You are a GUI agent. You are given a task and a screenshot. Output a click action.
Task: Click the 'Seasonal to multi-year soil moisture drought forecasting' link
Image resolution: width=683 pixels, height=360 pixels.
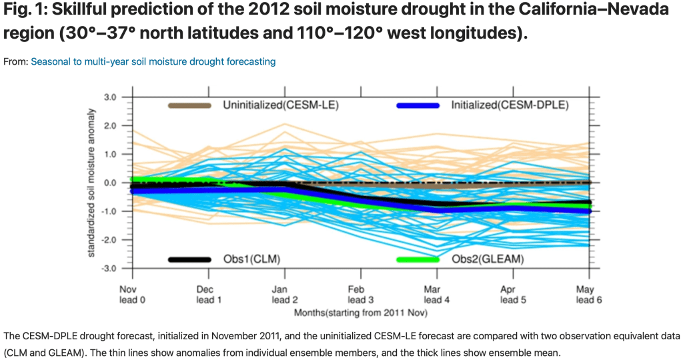coord(153,61)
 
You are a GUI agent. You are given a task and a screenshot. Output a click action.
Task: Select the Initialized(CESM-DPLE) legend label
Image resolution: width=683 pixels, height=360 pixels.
coord(509,105)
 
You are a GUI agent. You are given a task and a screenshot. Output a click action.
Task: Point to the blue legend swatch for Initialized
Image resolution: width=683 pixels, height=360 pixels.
coord(418,105)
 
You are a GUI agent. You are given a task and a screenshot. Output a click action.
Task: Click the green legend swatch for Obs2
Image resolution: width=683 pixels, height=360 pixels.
coord(418,259)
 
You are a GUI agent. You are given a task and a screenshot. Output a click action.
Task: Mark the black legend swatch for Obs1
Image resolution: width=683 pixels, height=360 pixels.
coord(189,259)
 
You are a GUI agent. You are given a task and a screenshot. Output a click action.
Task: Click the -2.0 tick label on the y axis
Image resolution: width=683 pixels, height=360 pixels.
coord(109,239)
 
